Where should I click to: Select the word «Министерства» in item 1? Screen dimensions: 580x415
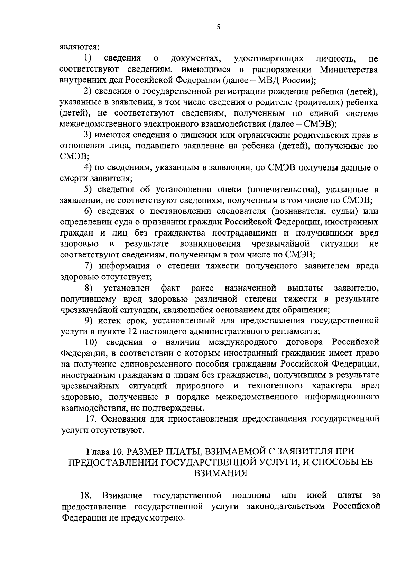tap(349, 69)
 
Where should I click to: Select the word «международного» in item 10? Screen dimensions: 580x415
tap(243, 342)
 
